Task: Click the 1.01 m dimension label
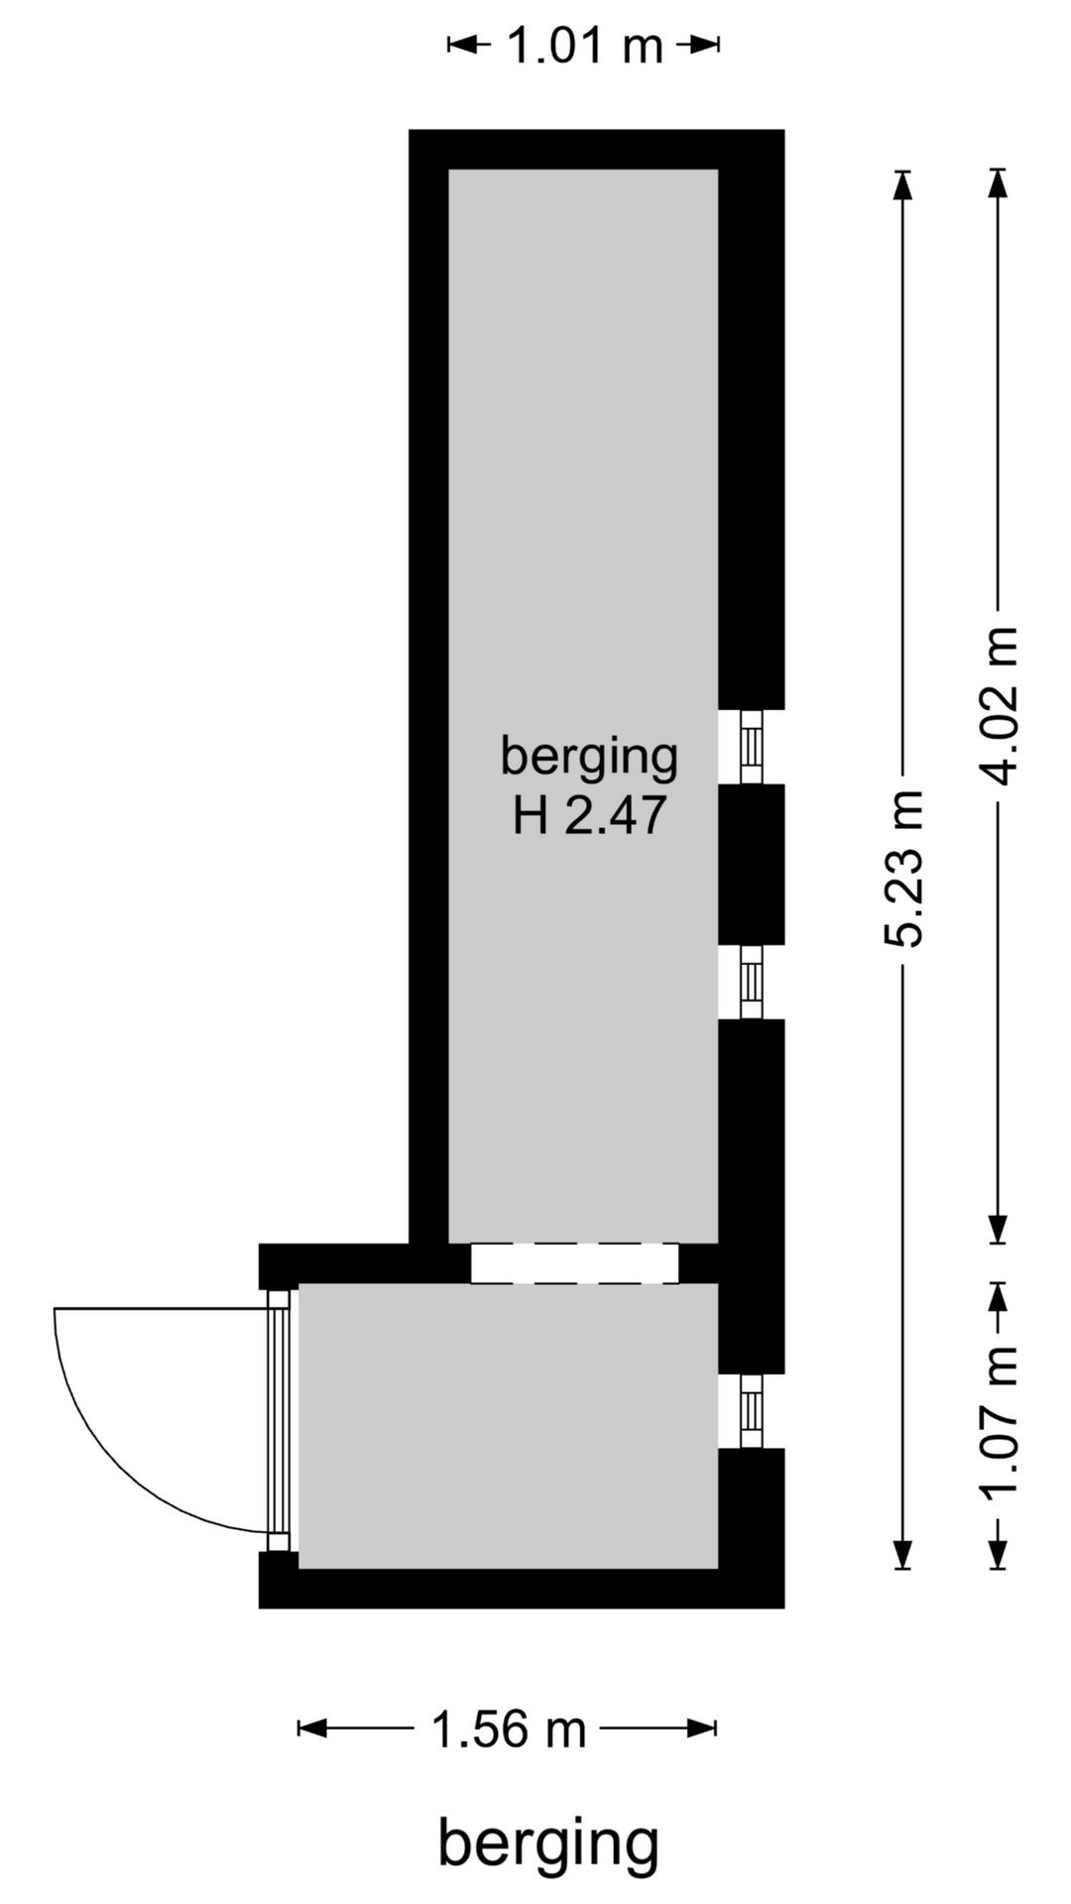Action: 584,46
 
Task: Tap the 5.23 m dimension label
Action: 904,869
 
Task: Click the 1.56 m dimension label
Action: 509,1730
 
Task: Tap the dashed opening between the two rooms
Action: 574,1263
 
